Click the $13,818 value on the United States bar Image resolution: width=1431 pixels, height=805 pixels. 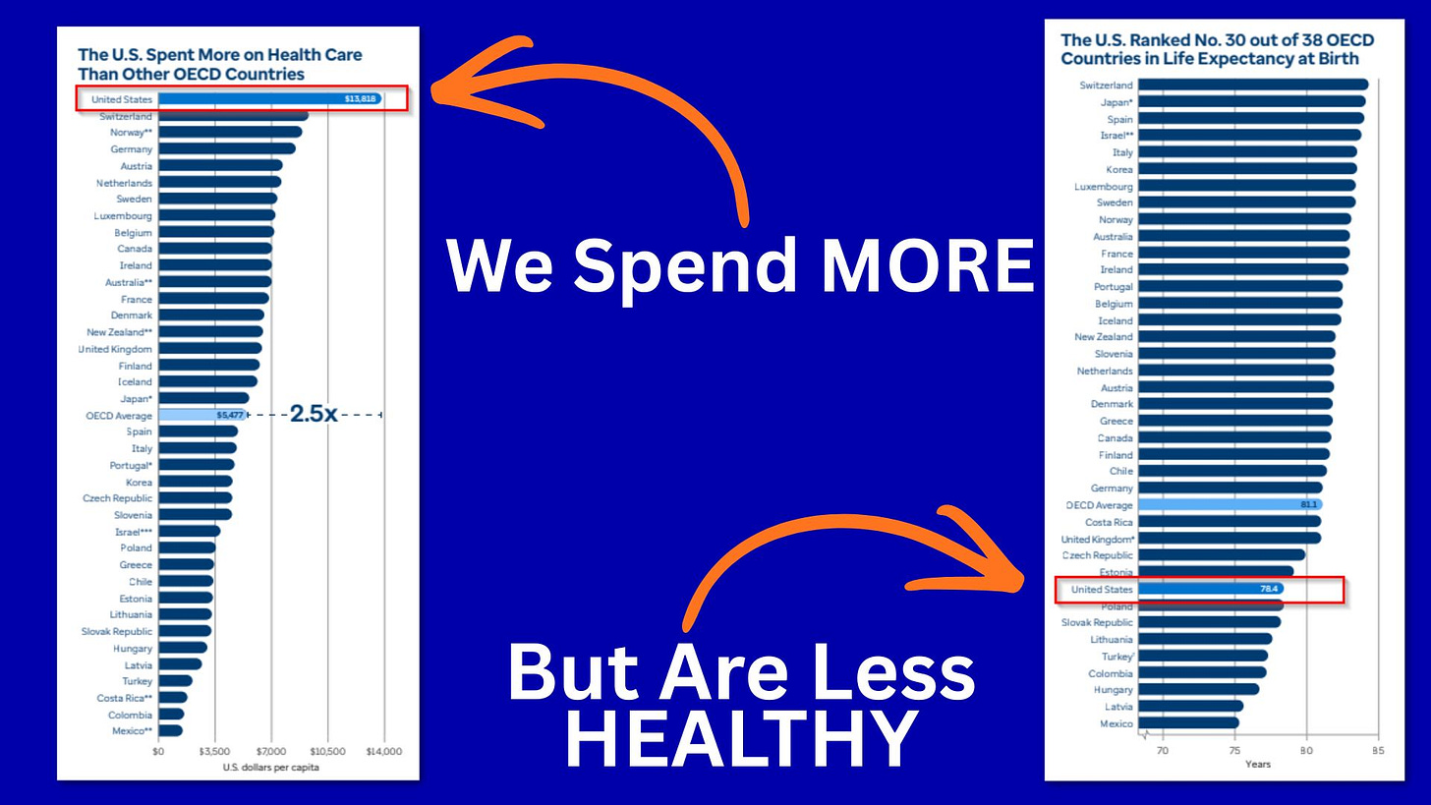pyautogui.click(x=361, y=99)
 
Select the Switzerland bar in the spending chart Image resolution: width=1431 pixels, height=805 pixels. pyautogui.click(x=234, y=116)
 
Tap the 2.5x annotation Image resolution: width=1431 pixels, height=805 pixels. pyautogui.click(x=313, y=414)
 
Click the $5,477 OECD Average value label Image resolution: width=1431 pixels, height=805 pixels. pyautogui.click(x=230, y=415)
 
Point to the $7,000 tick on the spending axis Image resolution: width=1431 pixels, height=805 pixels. pyautogui.click(x=271, y=751)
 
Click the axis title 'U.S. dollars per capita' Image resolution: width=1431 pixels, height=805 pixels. pyautogui.click(x=271, y=768)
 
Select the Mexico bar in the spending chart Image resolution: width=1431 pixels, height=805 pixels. pyautogui.click(x=171, y=730)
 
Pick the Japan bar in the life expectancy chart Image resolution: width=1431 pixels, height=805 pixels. pyautogui.click(x=1252, y=101)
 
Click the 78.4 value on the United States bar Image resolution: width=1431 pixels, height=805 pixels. pyautogui.click(x=1270, y=589)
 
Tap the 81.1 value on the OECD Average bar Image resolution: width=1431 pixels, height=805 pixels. pyautogui.click(x=1309, y=505)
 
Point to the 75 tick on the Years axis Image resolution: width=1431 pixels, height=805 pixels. pyautogui.click(x=1234, y=751)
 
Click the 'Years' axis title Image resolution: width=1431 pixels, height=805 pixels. pyautogui.click(x=1258, y=764)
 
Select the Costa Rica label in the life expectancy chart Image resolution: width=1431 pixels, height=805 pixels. pyautogui.click(x=1109, y=522)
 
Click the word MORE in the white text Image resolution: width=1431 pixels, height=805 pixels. pyautogui.click(x=928, y=265)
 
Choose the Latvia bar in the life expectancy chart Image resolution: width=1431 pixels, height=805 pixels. pyautogui.click(x=1191, y=706)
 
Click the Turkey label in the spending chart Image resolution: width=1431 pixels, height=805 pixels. pyautogui.click(x=138, y=681)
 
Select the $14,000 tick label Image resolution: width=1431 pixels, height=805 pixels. pyautogui.click(x=384, y=751)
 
